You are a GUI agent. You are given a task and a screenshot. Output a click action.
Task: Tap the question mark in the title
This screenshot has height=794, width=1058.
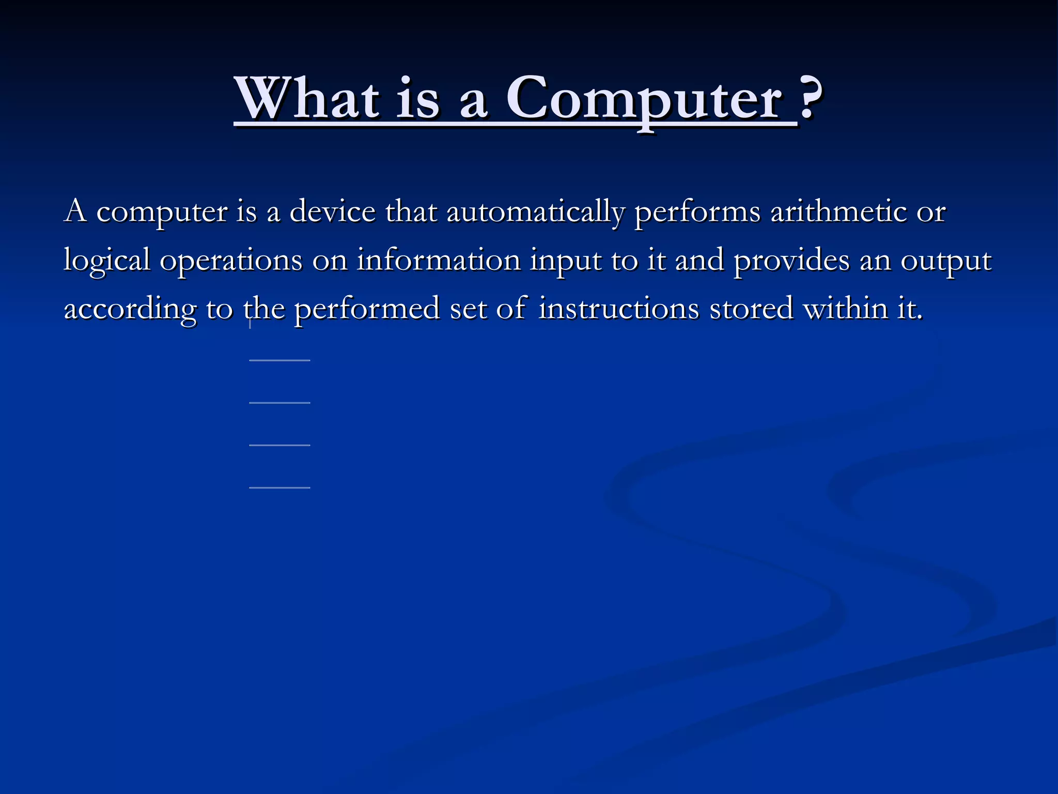pyautogui.click(x=810, y=97)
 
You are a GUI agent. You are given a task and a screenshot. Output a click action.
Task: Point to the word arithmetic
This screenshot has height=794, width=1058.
pyautogui.click(x=838, y=211)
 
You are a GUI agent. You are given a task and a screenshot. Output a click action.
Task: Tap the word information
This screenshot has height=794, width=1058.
pyautogui.click(x=439, y=260)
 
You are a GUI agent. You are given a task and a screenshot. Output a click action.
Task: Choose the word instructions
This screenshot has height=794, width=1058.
pyautogui.click(x=619, y=309)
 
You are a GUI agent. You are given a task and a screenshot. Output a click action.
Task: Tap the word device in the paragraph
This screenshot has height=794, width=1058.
pyautogui.click(x=333, y=211)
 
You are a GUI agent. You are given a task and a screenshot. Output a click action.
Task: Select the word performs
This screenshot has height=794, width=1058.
pyautogui.click(x=697, y=212)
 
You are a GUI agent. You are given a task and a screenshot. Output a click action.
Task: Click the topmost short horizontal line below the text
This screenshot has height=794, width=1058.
pyautogui.click(x=279, y=360)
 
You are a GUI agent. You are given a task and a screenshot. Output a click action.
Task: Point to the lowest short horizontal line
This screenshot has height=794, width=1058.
pyautogui.click(x=279, y=487)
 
